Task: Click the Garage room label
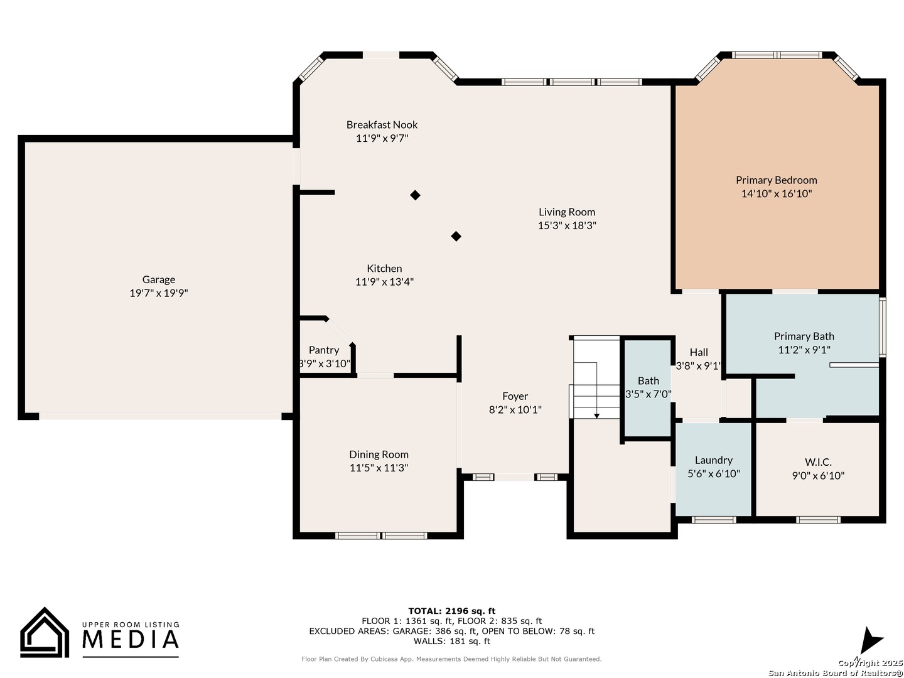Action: pyautogui.click(x=159, y=279)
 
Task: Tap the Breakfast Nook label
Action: pyautogui.click(x=382, y=125)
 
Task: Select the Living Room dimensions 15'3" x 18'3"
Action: pyautogui.click(x=567, y=225)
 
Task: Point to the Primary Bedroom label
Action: pyautogui.click(x=777, y=180)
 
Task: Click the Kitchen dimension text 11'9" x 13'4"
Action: pyautogui.click(x=384, y=282)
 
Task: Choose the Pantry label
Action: pyautogui.click(x=324, y=350)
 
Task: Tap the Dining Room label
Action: pyautogui.click(x=379, y=455)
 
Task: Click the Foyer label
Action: pyautogui.click(x=515, y=396)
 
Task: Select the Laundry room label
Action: pyautogui.click(x=714, y=460)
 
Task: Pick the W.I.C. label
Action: pyautogui.click(x=819, y=462)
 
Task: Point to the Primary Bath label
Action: pyautogui.click(x=804, y=336)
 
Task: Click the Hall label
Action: pyautogui.click(x=699, y=352)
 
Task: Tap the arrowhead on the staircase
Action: pyautogui.click(x=597, y=416)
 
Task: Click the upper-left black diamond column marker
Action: pyautogui.click(x=415, y=195)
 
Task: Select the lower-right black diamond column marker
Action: pyautogui.click(x=456, y=236)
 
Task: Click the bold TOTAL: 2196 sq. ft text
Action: pyautogui.click(x=452, y=611)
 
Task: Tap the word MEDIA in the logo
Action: pyautogui.click(x=131, y=639)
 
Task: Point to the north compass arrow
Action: pyautogui.click(x=872, y=641)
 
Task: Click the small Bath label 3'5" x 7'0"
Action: pyautogui.click(x=648, y=388)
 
